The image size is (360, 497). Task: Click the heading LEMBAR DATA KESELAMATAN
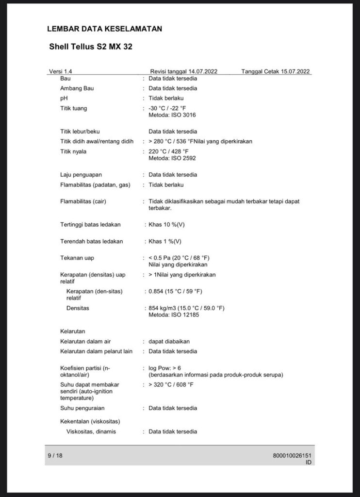point(104,29)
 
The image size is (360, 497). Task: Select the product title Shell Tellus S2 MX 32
point(91,48)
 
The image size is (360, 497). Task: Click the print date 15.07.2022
point(290,71)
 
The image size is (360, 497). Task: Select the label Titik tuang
point(74,108)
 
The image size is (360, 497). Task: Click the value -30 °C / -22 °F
point(167,108)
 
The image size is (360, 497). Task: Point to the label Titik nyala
point(74,151)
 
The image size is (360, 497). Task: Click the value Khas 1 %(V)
point(165,241)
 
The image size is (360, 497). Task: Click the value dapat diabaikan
point(169,341)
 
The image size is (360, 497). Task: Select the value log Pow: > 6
point(165,368)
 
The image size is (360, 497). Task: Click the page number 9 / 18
point(55,455)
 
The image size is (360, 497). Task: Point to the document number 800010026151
point(292,456)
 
